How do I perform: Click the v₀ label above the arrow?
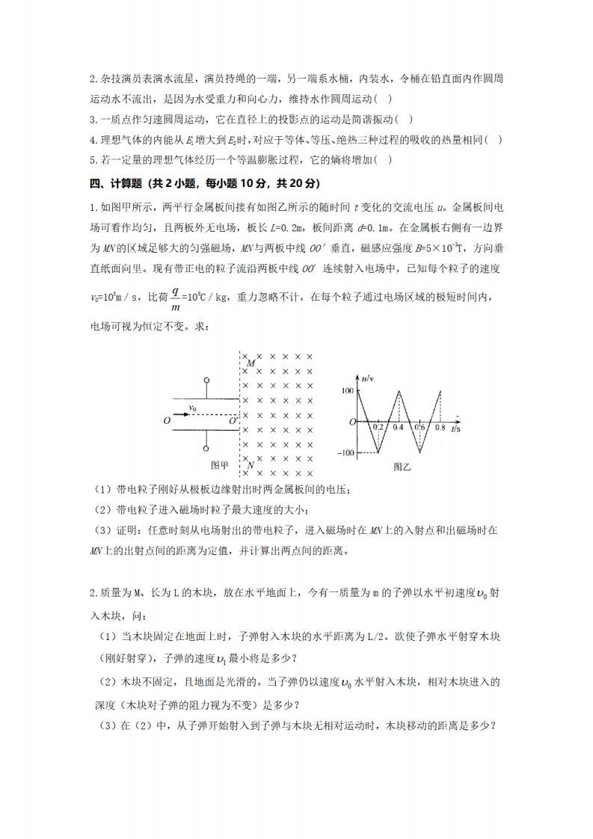193,408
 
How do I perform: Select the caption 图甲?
220,465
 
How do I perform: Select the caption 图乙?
402,466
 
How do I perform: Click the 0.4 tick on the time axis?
398,428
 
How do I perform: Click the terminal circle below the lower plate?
206,449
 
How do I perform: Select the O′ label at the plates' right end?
233,422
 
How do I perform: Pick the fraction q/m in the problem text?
176,299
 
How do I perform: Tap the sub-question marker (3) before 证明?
102,530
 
